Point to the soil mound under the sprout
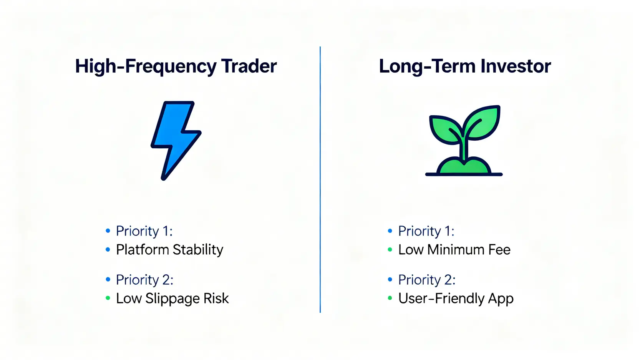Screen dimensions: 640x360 click(464, 167)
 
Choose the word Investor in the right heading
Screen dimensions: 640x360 click(516, 66)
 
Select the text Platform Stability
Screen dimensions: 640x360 click(169, 250)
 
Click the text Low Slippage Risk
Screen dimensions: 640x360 click(172, 299)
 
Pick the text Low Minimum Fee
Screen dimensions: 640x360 click(454, 250)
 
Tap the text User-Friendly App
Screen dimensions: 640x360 click(456, 299)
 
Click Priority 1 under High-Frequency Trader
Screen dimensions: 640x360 click(144, 231)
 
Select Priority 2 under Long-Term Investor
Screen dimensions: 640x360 click(427, 279)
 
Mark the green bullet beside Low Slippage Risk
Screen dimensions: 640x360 click(108, 298)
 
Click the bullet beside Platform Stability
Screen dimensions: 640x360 click(108, 250)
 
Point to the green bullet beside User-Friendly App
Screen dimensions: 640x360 click(390, 298)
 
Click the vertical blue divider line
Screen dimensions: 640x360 click(320, 179)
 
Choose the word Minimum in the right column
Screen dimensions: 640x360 click(456, 250)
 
